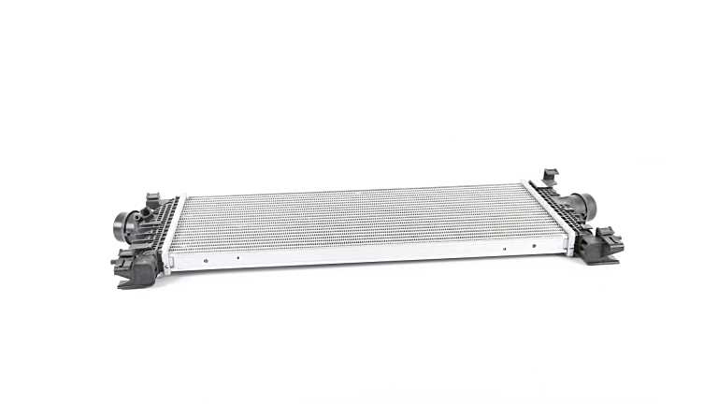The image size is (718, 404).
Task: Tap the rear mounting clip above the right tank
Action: click(550, 176)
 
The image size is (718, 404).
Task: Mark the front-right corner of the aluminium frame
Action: click(567, 250)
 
